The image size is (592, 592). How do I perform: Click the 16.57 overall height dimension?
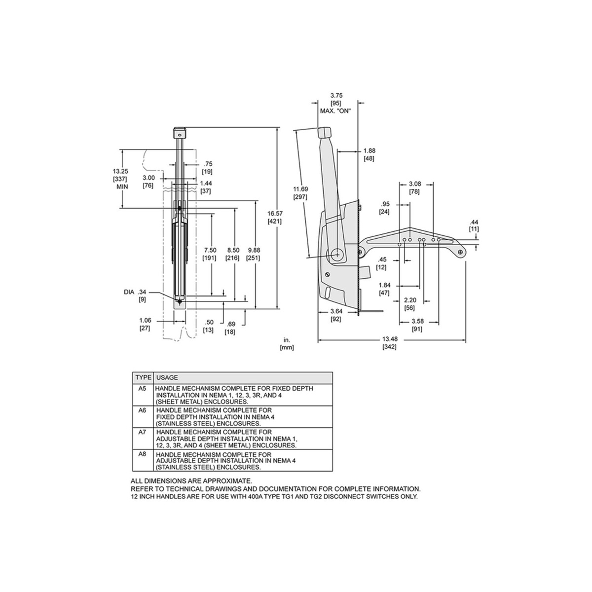tap(274, 217)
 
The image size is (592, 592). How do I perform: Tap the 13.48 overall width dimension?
tap(389, 343)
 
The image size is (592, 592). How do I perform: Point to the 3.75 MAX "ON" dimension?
tap(336, 103)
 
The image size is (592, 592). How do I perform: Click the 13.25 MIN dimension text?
tap(121, 179)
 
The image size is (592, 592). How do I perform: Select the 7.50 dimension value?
tap(210, 254)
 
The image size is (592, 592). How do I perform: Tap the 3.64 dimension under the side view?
tap(336, 315)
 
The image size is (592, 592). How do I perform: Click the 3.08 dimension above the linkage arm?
tap(414, 188)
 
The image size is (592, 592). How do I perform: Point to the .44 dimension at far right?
tap(474, 225)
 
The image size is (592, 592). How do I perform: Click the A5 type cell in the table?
tap(142, 389)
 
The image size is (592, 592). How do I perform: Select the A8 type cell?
tap(142, 454)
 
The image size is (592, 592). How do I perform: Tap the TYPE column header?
tap(143, 377)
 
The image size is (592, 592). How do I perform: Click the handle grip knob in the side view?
tap(324, 133)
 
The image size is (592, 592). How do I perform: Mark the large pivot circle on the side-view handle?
tap(337, 254)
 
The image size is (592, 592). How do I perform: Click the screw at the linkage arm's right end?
tap(460, 252)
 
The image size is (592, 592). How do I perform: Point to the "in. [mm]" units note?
tap(287, 343)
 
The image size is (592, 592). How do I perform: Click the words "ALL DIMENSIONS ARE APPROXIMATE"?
tap(191, 481)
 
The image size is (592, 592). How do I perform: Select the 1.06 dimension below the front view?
tap(145, 324)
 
